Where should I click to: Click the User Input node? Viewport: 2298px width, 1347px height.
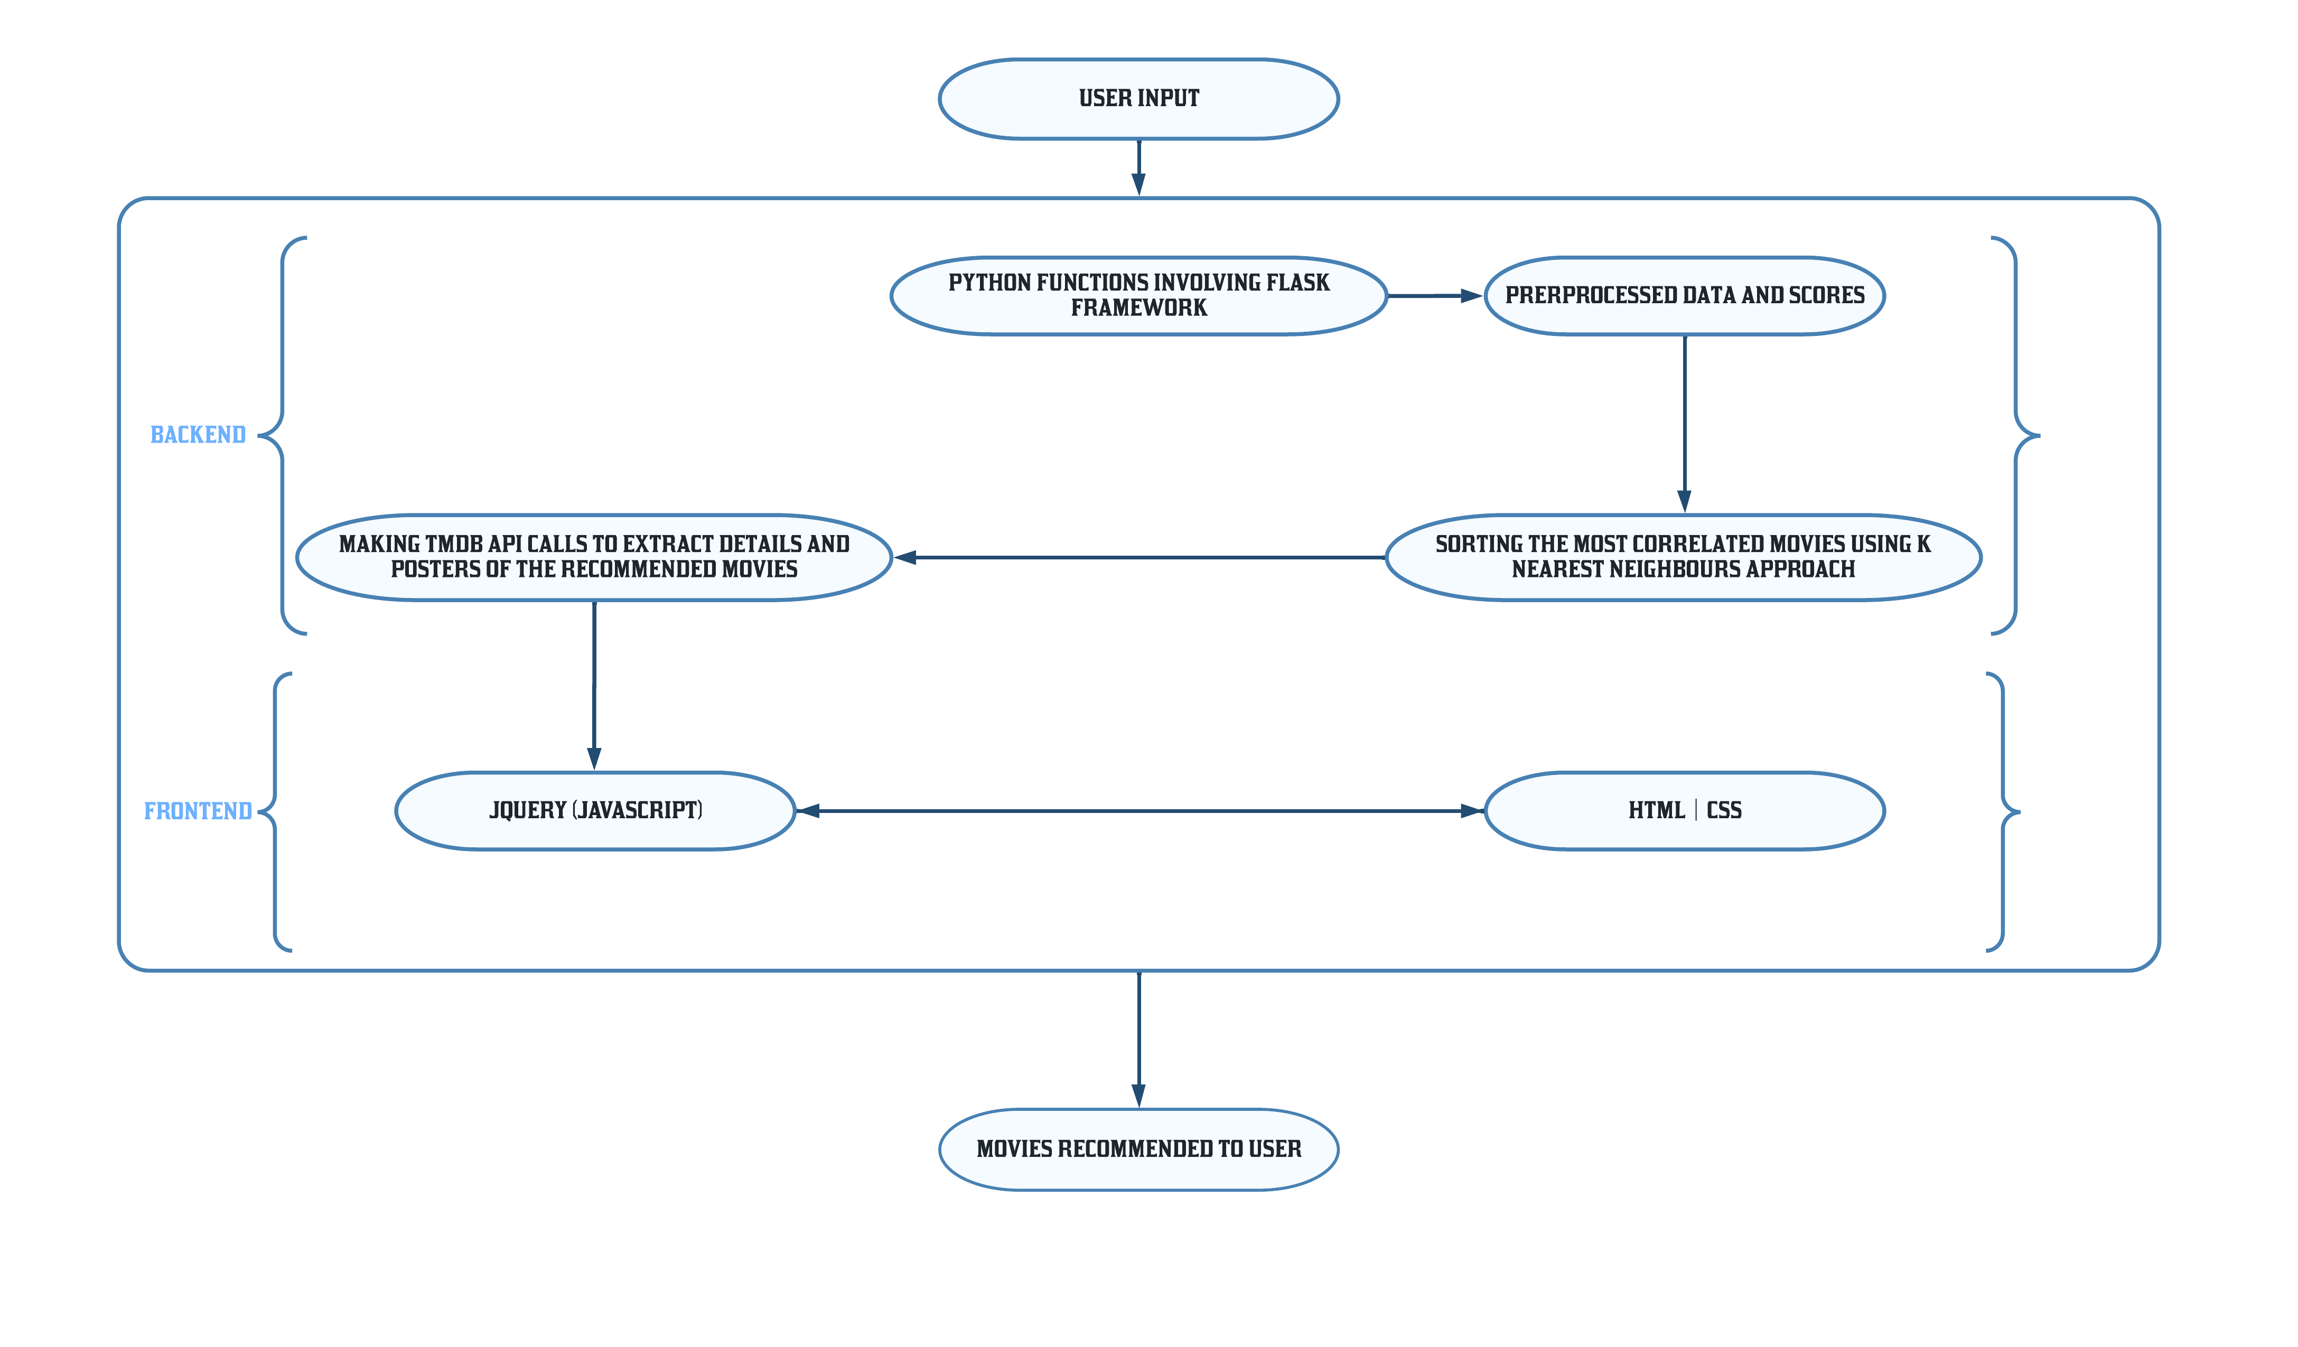coord(1139,98)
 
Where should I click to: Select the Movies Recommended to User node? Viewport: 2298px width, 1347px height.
coord(1139,1149)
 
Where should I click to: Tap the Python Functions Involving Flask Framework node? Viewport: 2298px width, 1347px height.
coord(1139,295)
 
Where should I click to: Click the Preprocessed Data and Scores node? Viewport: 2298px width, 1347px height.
coord(1684,295)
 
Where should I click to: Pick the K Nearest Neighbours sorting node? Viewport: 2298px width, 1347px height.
coord(1684,557)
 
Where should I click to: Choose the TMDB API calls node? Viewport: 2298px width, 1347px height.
coord(594,557)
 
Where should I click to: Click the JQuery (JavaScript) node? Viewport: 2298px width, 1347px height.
coord(595,811)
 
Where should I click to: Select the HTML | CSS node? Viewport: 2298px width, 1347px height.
coord(1684,811)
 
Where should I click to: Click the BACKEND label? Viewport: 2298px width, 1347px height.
coord(198,435)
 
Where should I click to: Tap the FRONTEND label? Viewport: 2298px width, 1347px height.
coord(198,811)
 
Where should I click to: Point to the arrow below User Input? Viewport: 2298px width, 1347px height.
coord(1139,168)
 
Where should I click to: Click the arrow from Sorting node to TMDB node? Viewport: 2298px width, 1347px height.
coord(1140,557)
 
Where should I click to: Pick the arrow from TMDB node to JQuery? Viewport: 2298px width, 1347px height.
coord(594,686)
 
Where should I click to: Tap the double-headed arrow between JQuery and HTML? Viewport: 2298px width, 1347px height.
coord(1140,811)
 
